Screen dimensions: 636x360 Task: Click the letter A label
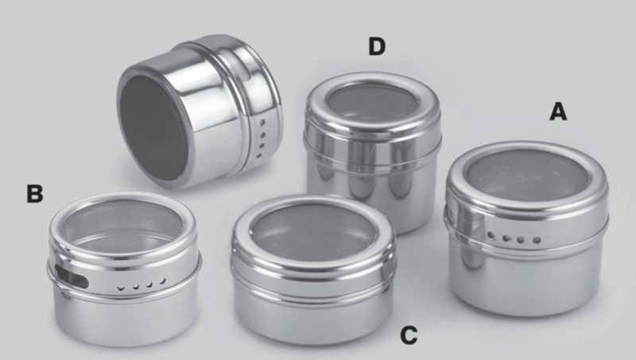click(558, 111)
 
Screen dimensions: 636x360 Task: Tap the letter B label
click(35, 193)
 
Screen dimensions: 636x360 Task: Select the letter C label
click(409, 335)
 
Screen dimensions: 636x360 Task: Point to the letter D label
click(377, 46)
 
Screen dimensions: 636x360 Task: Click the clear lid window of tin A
click(526, 175)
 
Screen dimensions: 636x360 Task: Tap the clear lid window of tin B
click(123, 225)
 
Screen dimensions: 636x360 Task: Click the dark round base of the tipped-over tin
click(154, 127)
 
